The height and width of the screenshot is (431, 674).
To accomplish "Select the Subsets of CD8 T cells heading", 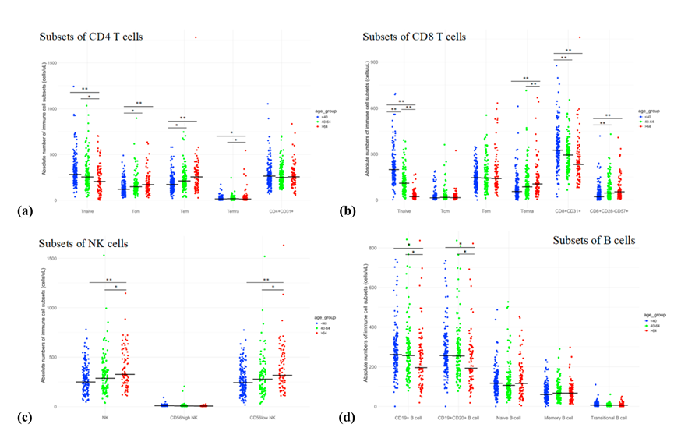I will (415, 36).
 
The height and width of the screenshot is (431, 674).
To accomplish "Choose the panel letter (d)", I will (344, 416).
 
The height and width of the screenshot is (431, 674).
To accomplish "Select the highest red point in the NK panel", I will (284, 246).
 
